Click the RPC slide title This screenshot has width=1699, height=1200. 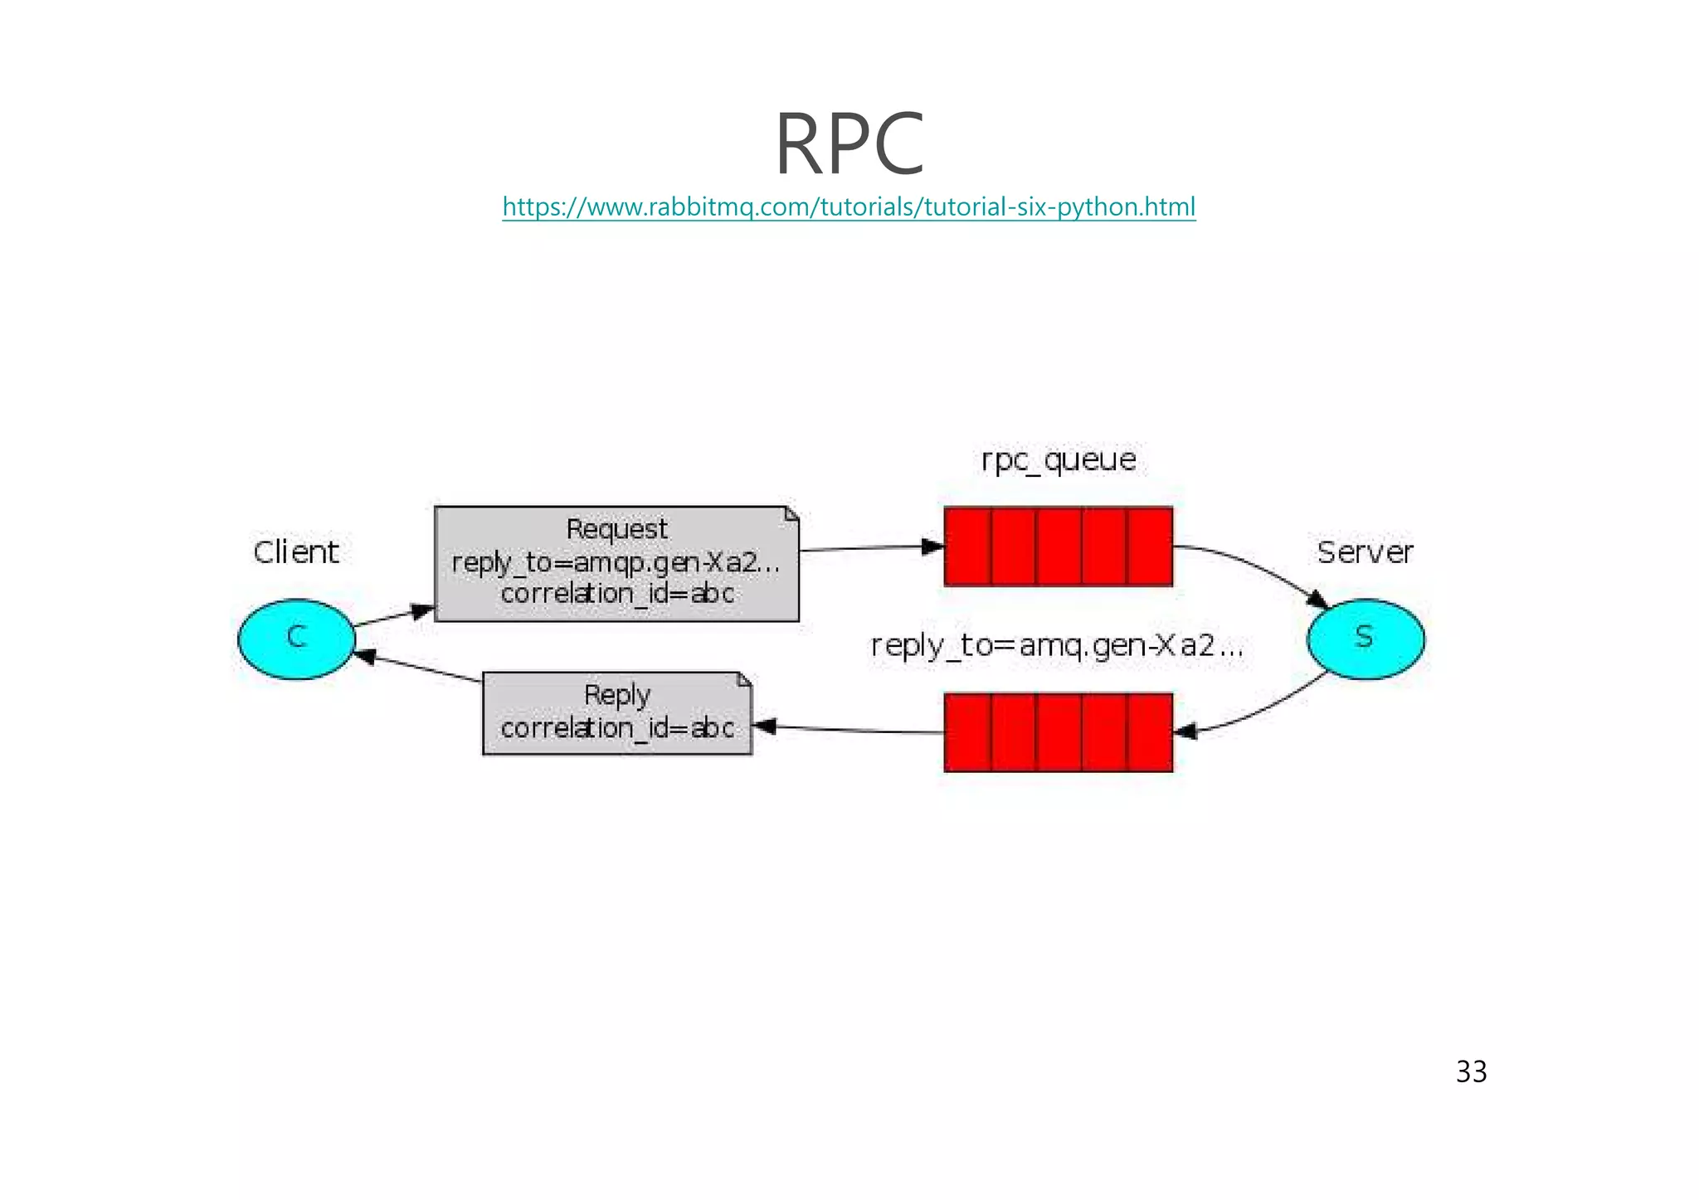pyautogui.click(x=849, y=144)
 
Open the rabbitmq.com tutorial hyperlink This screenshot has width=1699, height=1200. pyautogui.click(x=849, y=206)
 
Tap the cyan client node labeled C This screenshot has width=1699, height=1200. pyautogui.click(x=296, y=639)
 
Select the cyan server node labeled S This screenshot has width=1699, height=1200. pyautogui.click(x=1365, y=639)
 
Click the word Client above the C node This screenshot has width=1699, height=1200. pyautogui.click(x=296, y=552)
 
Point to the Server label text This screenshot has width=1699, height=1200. pyautogui.click(x=1365, y=552)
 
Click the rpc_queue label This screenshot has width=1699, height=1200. pyautogui.click(x=1058, y=460)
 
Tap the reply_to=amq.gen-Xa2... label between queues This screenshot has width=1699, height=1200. pyautogui.click(x=1056, y=645)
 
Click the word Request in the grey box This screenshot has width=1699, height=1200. pyautogui.click(x=616, y=529)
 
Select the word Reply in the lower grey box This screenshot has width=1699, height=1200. pyautogui.click(x=616, y=695)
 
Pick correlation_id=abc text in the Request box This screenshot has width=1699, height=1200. pyautogui.click(x=616, y=594)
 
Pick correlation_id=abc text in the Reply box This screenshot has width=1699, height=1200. pyautogui.click(x=616, y=728)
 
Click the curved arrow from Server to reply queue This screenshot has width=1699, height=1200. pyautogui.click(x=1261, y=709)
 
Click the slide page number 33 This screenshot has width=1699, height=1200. pyautogui.click(x=1471, y=1072)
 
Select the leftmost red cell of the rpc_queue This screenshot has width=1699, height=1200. pyautogui.click(x=968, y=547)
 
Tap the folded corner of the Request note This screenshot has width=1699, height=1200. pyautogui.click(x=791, y=514)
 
